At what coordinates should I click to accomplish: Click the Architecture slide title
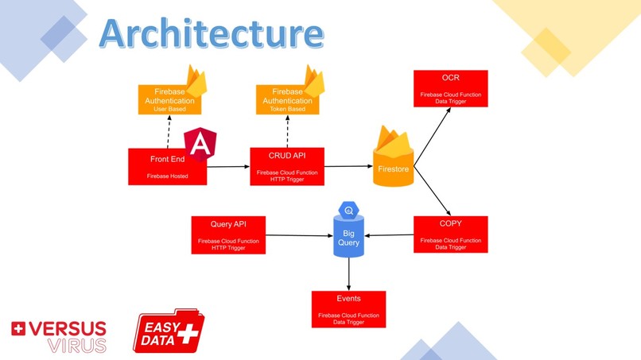click(x=212, y=33)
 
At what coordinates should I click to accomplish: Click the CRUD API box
click(x=287, y=166)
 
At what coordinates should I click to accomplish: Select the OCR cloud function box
click(x=450, y=88)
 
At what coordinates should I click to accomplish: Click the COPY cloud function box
click(x=450, y=234)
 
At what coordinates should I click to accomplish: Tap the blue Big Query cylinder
click(x=348, y=234)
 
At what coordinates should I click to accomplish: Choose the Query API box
click(x=227, y=235)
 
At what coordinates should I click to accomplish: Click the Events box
click(x=348, y=309)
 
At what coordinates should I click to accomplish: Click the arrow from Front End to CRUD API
click(x=228, y=167)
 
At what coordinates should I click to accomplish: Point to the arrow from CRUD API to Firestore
click(x=348, y=167)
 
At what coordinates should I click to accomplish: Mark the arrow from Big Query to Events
click(x=348, y=273)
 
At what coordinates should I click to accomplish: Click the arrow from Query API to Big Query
click(x=298, y=235)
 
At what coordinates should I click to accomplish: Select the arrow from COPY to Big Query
click(x=390, y=235)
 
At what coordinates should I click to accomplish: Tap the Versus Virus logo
click(x=58, y=336)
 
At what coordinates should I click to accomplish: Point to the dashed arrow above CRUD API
click(x=287, y=131)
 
